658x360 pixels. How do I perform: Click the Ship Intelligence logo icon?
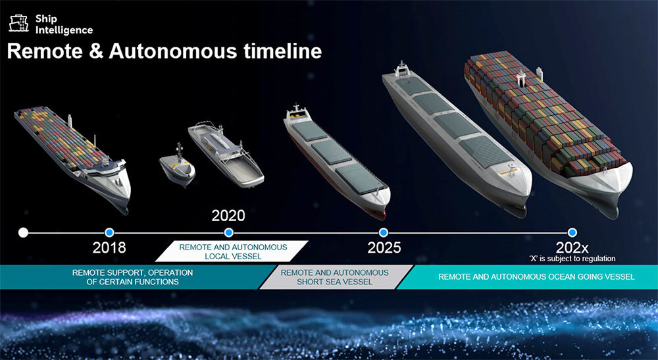click(x=19, y=24)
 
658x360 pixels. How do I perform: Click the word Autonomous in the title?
click(x=173, y=51)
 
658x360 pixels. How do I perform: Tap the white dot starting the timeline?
click(x=24, y=232)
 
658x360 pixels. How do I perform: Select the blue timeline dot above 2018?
click(x=109, y=232)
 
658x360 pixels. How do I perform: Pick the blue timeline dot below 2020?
click(x=229, y=232)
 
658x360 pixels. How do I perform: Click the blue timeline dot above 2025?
click(x=383, y=232)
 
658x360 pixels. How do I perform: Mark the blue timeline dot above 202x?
click(x=572, y=232)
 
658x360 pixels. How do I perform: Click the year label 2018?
click(x=109, y=247)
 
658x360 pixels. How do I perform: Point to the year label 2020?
click(x=228, y=216)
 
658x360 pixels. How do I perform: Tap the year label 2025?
click(x=384, y=247)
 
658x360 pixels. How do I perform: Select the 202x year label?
click(x=572, y=247)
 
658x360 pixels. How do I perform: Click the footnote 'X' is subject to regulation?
click(x=572, y=259)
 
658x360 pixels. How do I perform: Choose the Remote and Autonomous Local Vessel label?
click(x=233, y=251)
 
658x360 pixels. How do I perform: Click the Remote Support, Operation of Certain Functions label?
click(x=132, y=277)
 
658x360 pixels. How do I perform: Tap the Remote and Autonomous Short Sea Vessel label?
click(x=334, y=277)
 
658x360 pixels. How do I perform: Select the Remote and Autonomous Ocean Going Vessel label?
click(x=536, y=277)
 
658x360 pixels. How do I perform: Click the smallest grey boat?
click(x=178, y=166)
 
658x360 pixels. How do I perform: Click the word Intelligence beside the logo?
click(x=64, y=30)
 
